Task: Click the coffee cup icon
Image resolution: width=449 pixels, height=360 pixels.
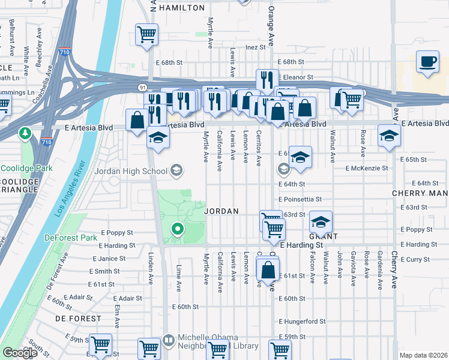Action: click(x=428, y=62)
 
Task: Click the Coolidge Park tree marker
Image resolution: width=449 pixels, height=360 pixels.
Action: click(x=25, y=132)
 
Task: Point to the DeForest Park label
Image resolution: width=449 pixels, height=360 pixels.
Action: click(x=71, y=238)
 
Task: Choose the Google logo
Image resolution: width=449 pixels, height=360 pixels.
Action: click(x=20, y=353)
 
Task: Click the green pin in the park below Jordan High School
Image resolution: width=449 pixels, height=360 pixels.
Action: click(x=177, y=228)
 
